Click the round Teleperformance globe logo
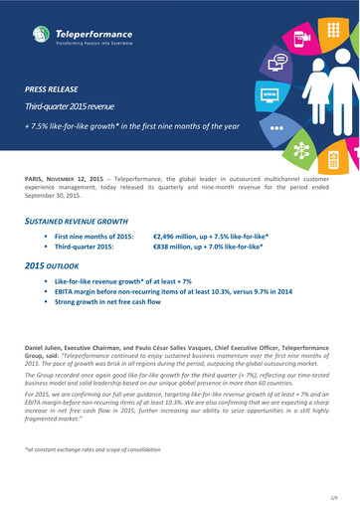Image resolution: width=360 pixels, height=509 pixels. pos(41,36)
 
